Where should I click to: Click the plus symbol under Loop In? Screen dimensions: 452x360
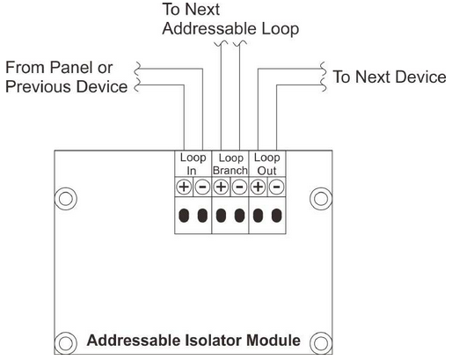(x=184, y=187)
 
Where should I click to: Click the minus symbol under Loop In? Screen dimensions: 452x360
(x=202, y=187)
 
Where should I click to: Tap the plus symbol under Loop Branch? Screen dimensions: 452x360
(x=221, y=187)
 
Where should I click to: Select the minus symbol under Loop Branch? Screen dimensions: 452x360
(x=240, y=187)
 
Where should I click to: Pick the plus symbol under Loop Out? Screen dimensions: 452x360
(x=258, y=187)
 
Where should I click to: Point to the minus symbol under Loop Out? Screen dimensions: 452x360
(x=277, y=187)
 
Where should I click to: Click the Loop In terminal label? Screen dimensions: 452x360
(x=193, y=164)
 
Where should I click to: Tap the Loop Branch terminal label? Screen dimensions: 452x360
(x=230, y=164)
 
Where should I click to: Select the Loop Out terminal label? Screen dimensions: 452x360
(x=267, y=164)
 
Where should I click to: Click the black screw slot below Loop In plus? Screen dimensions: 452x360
(x=184, y=216)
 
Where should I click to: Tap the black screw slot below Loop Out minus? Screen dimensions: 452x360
(x=277, y=216)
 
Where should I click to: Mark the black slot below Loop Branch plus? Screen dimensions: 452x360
(x=221, y=216)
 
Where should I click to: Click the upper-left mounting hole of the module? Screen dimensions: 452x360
(x=66, y=199)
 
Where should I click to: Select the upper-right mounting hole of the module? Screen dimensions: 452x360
(x=321, y=199)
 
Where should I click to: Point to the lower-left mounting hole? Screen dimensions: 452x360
(x=66, y=343)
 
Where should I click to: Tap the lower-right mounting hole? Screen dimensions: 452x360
(x=321, y=343)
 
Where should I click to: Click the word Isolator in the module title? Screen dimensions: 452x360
(x=214, y=341)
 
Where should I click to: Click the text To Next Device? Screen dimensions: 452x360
(x=390, y=77)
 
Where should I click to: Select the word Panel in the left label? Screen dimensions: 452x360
(x=71, y=68)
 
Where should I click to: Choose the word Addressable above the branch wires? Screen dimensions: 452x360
(x=209, y=29)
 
